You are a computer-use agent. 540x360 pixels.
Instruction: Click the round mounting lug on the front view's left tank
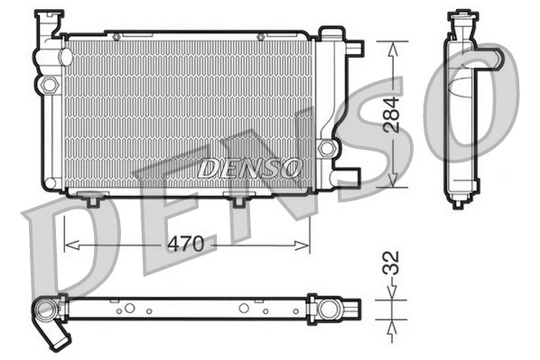coord(47,85)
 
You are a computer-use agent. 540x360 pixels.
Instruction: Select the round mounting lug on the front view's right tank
coord(326,147)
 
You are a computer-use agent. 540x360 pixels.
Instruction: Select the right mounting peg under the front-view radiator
coord(238,200)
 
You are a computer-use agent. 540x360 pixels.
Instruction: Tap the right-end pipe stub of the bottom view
coord(346,309)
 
